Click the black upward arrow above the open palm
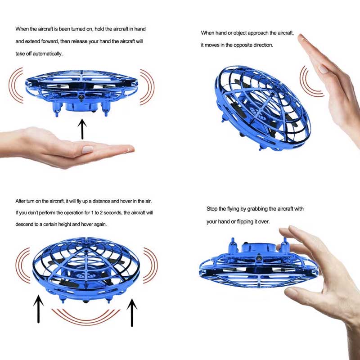coord(82,129)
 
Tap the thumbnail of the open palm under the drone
coord(87,149)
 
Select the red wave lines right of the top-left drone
coord(148,87)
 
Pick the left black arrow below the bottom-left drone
coord(39,309)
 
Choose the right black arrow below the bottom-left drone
coord(132,312)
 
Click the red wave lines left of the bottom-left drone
coord(22,265)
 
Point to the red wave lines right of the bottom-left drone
coord(150,265)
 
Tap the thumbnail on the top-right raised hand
coord(323,69)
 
